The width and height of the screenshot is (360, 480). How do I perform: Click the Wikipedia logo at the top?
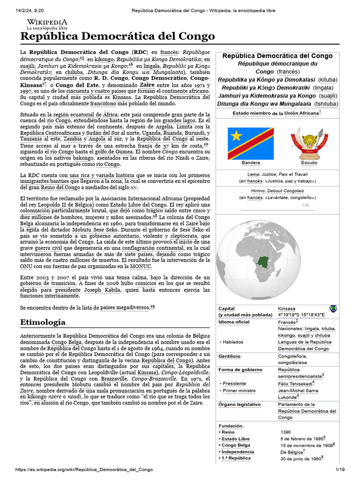click(x=47, y=24)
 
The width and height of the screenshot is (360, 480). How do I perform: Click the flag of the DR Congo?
click(x=250, y=143)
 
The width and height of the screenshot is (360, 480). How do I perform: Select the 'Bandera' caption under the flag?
click(x=250, y=163)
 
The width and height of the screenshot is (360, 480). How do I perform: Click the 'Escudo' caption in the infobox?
click(x=309, y=163)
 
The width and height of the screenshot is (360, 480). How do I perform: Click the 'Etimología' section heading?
click(x=43, y=322)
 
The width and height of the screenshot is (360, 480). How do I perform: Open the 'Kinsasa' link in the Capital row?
click(x=287, y=308)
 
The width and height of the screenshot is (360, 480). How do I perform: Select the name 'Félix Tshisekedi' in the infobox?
click(x=295, y=383)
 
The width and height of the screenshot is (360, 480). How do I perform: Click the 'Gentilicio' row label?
click(x=229, y=356)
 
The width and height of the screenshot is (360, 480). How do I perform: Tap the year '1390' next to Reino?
click(x=286, y=432)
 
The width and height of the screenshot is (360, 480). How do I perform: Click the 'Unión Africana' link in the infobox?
click(x=301, y=113)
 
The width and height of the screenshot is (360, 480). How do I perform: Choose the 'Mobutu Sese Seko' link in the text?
click(x=97, y=231)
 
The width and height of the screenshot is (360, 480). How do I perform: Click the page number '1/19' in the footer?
click(x=339, y=469)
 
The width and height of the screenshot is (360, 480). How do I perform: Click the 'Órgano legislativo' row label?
click(x=240, y=404)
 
